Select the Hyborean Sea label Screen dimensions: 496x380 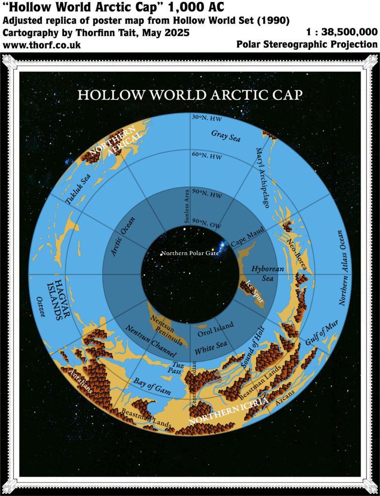coord(262,273)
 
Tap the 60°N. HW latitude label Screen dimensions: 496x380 coord(207,156)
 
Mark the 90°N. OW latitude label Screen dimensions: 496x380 coord(207,223)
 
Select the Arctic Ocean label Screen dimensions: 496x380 coord(122,236)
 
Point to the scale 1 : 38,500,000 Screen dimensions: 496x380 coord(342,32)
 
